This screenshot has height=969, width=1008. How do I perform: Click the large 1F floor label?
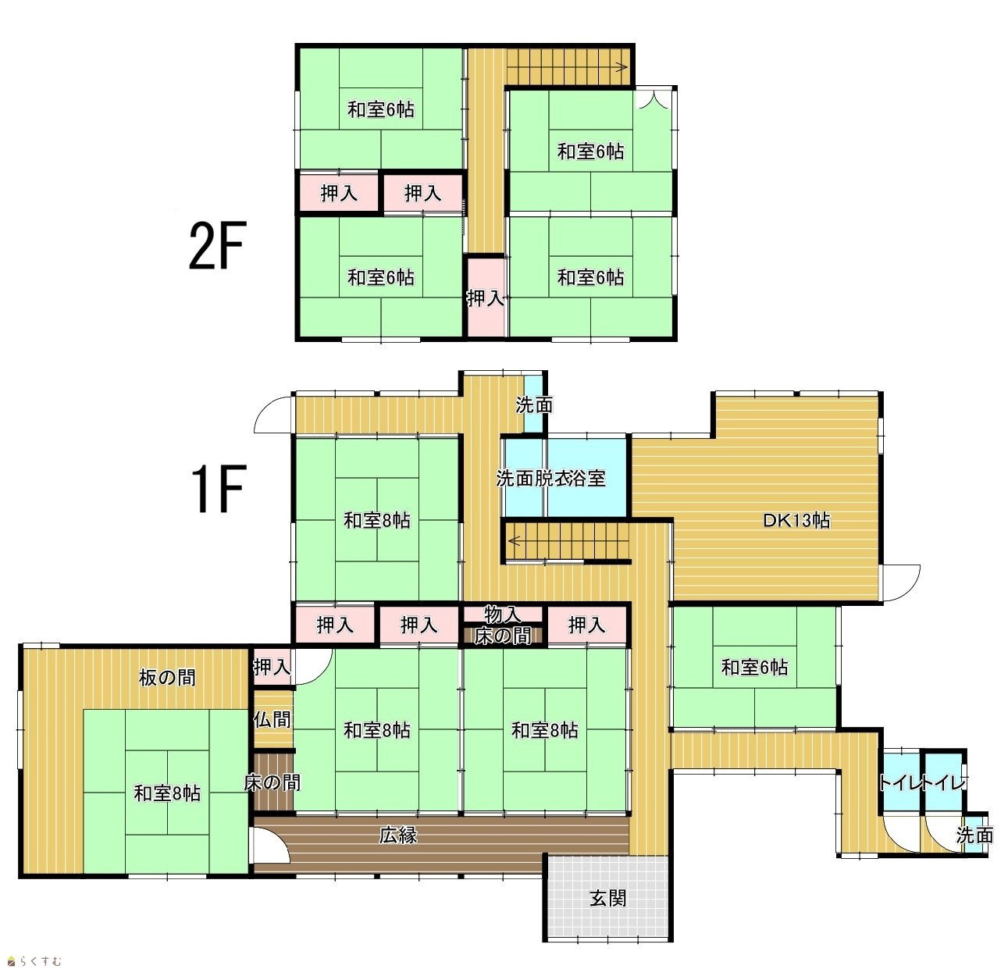(217, 488)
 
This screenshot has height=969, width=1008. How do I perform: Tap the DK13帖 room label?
(796, 520)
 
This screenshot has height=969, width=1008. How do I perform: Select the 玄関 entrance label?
(607, 897)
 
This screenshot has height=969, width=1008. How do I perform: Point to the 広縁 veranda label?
(398, 835)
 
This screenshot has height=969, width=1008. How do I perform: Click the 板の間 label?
(167, 678)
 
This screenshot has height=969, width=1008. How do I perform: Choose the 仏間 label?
(272, 719)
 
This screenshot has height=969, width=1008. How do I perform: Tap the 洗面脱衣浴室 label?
(550, 478)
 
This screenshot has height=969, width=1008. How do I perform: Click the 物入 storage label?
(502, 615)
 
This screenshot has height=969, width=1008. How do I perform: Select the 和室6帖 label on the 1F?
(754, 667)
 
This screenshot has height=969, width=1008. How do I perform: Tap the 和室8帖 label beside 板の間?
(167, 793)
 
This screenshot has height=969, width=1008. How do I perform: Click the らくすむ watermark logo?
(34, 961)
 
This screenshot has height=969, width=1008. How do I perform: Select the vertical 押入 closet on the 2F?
(486, 297)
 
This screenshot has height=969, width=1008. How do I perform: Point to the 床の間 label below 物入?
(502, 636)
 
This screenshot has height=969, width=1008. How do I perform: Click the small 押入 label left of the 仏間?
(272, 667)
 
